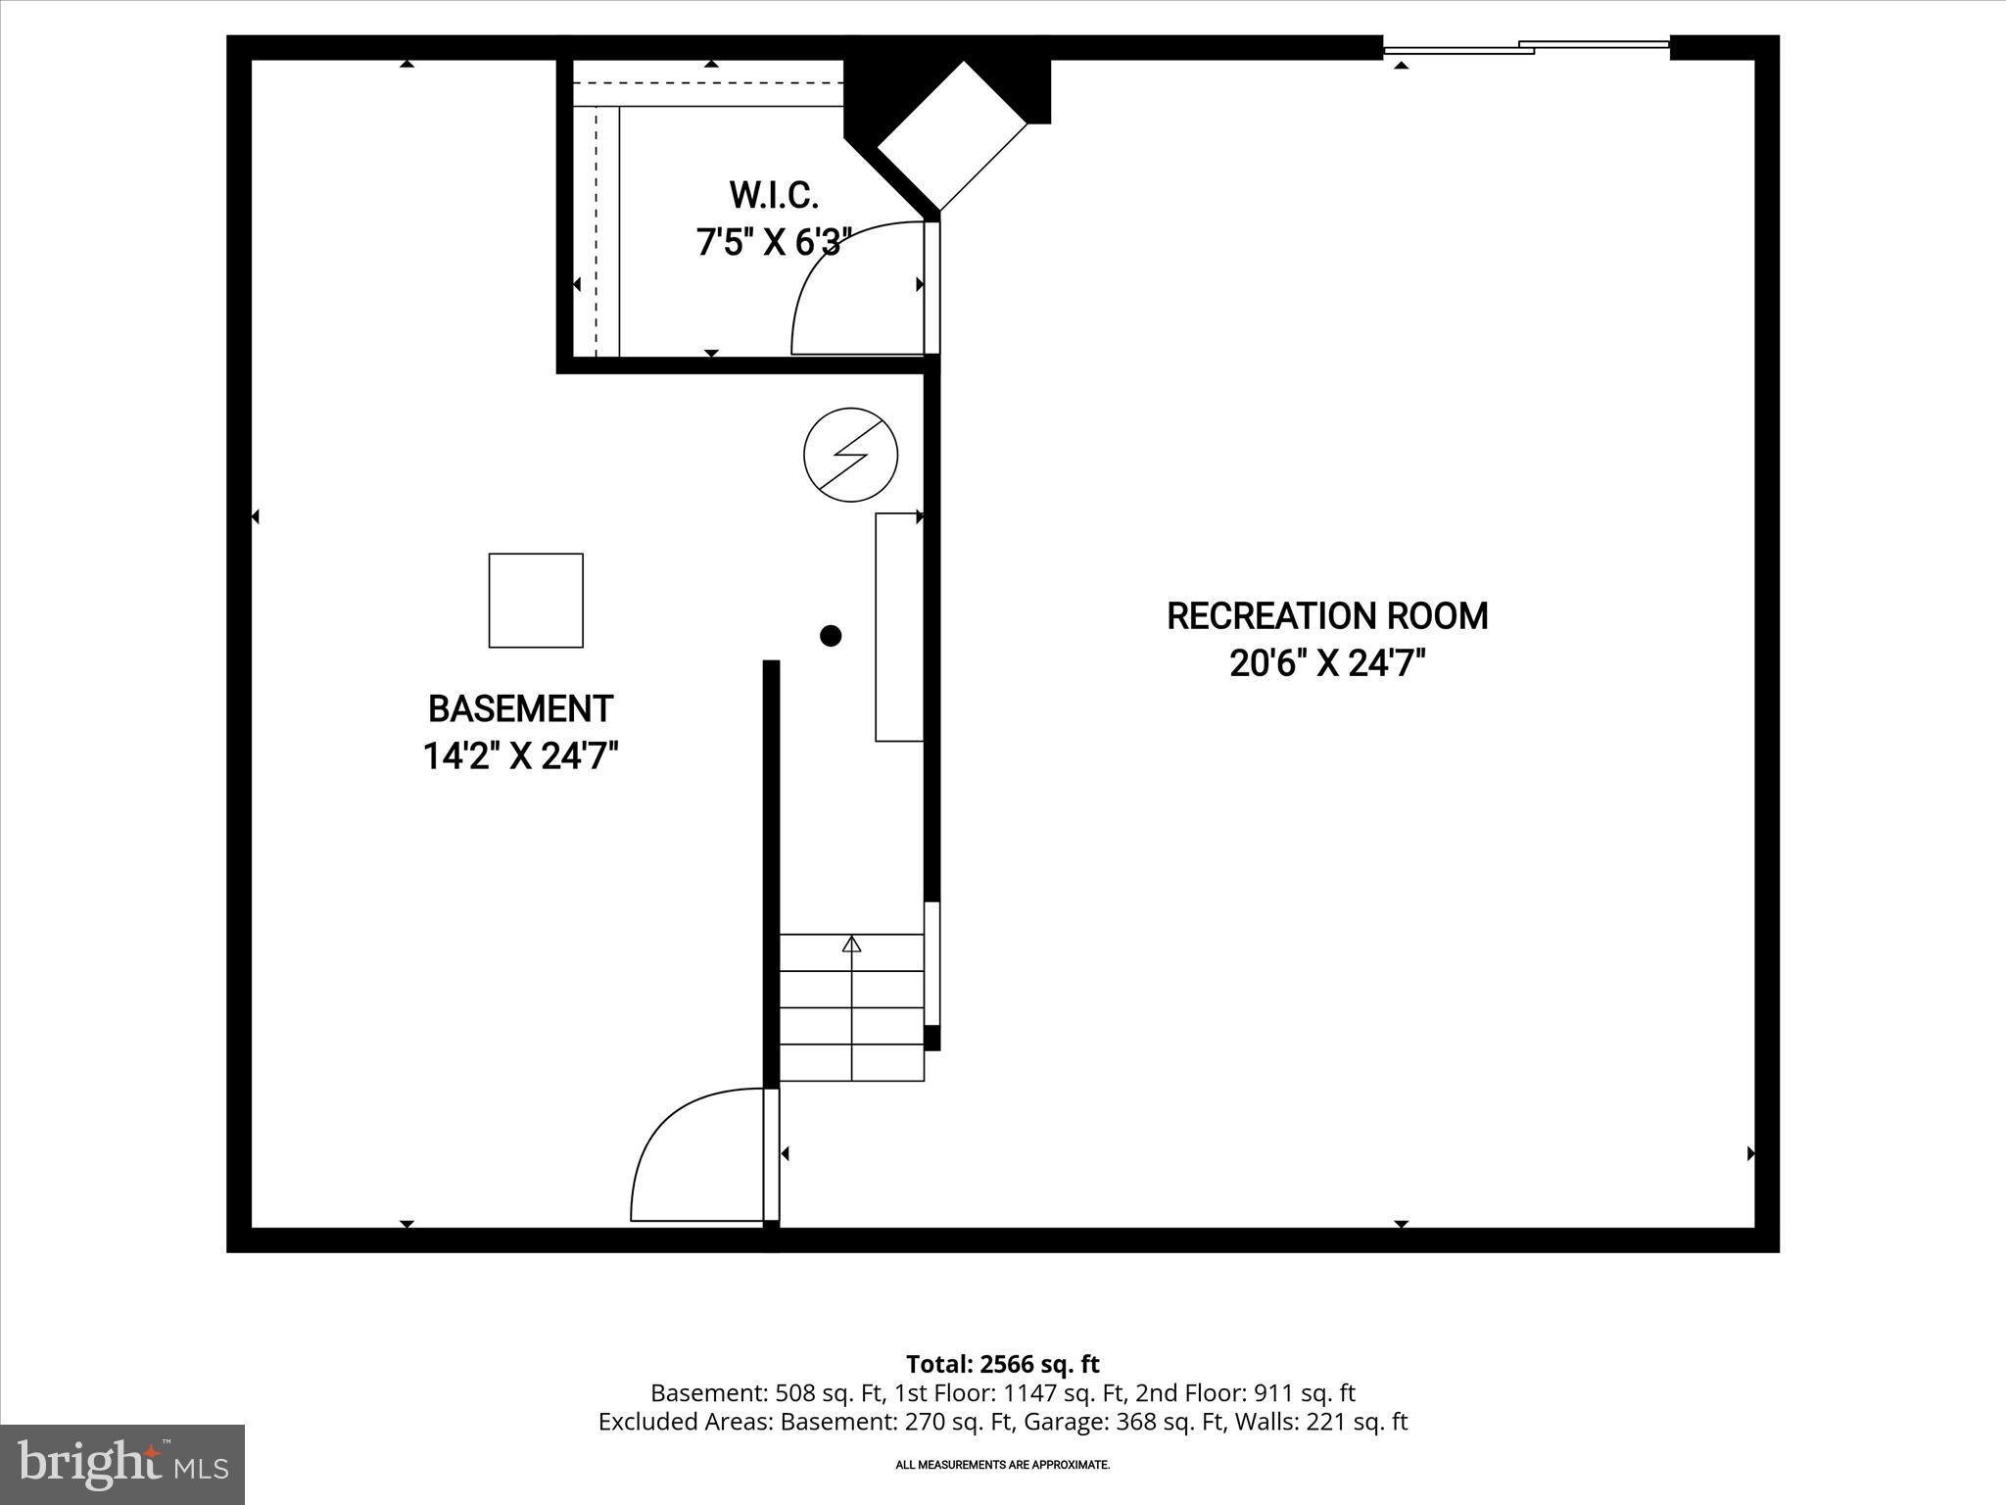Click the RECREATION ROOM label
point(1327,616)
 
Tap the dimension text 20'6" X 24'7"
point(1327,664)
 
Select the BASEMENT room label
point(520,708)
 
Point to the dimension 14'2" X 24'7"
point(520,756)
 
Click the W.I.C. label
point(773,195)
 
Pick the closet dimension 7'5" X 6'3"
point(768,242)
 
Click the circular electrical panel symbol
point(850,456)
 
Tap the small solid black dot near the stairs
point(831,636)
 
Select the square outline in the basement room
point(536,601)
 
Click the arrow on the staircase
point(852,945)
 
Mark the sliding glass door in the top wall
point(1525,46)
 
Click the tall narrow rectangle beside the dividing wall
point(899,627)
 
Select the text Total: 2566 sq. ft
point(1002,1364)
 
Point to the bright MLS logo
point(122,1464)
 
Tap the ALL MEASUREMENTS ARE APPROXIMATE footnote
point(1002,1465)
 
